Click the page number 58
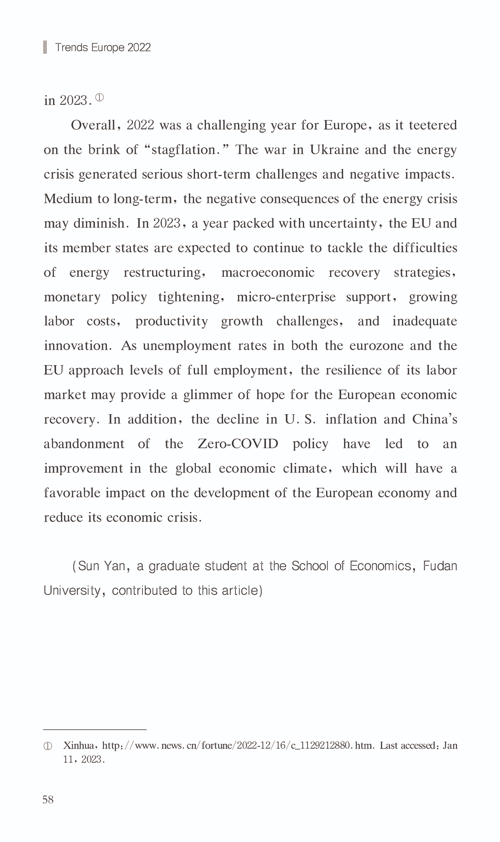pyautogui.click(x=48, y=799)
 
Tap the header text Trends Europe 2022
pyautogui.click(x=103, y=47)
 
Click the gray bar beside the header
pyautogui.click(x=45, y=47)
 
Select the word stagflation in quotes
pyautogui.click(x=184, y=150)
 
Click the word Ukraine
pyautogui.click(x=335, y=150)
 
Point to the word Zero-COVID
pyautogui.click(x=238, y=444)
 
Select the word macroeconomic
pyautogui.click(x=268, y=273)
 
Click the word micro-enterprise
pyautogui.click(x=286, y=297)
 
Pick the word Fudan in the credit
pyautogui.click(x=440, y=566)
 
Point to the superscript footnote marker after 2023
pyautogui.click(x=99, y=98)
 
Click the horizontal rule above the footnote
pyautogui.click(x=95, y=729)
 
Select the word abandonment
pyautogui.click(x=84, y=444)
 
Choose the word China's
pyautogui.click(x=434, y=419)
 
